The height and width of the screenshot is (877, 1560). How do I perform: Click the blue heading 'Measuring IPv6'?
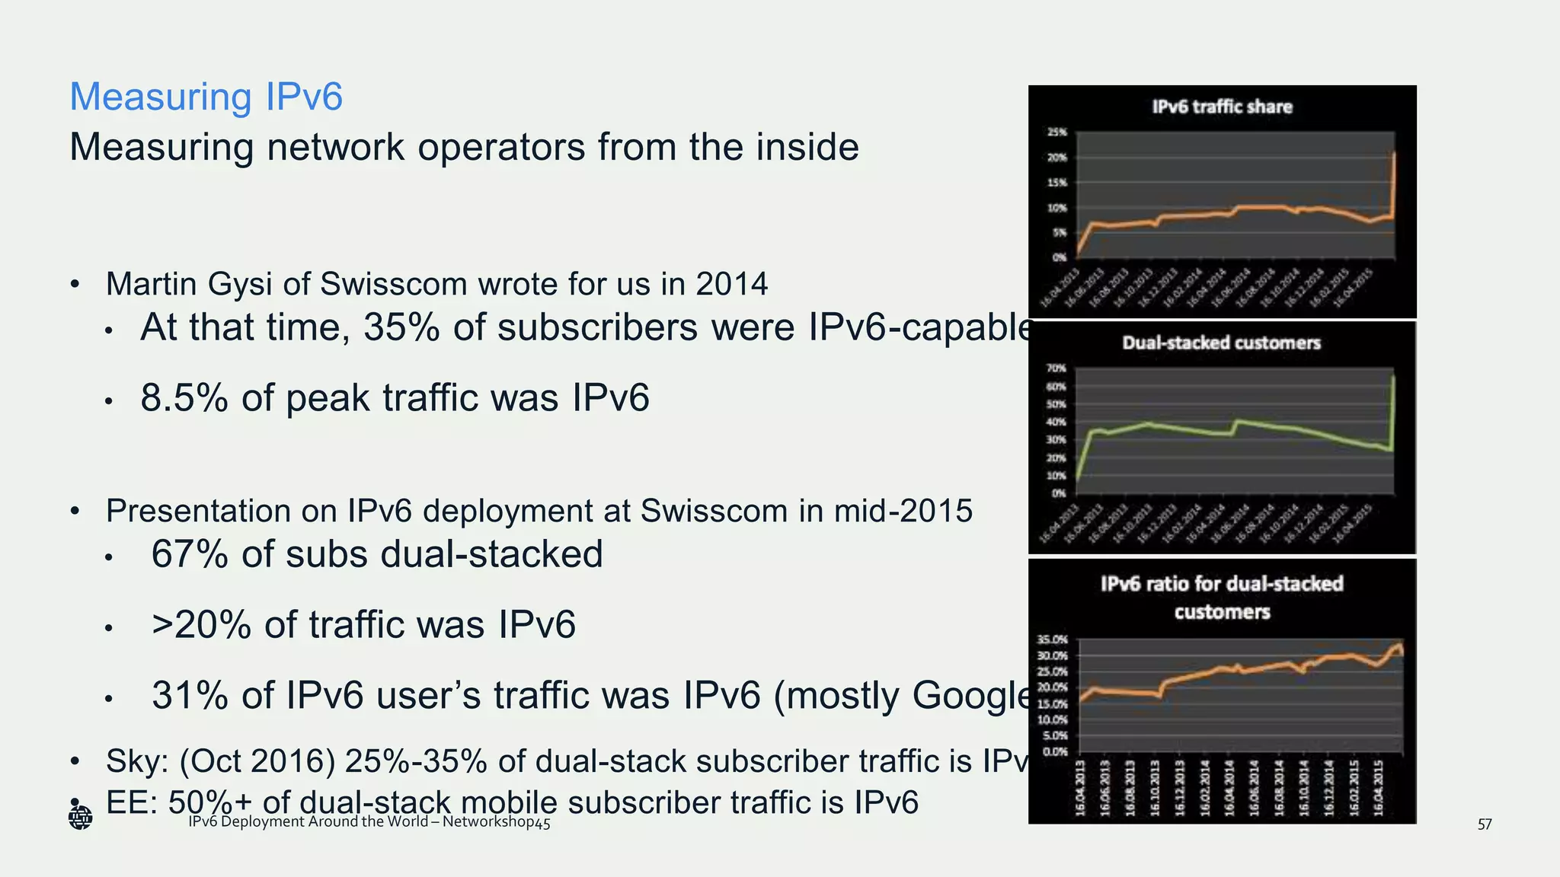point(206,97)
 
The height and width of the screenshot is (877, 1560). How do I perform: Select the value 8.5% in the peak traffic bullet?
point(184,398)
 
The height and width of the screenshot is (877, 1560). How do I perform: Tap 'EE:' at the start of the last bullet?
point(132,802)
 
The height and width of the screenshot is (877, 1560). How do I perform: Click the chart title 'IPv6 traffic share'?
point(1222,107)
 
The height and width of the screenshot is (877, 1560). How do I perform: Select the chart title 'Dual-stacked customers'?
point(1221,343)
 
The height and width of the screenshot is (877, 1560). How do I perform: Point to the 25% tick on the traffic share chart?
point(1057,132)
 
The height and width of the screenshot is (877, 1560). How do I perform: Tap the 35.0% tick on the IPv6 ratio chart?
point(1053,639)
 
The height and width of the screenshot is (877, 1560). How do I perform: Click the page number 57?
point(1485,824)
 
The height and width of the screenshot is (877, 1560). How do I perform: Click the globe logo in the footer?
point(80,818)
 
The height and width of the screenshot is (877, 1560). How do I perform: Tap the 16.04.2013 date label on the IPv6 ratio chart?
point(1079,788)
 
